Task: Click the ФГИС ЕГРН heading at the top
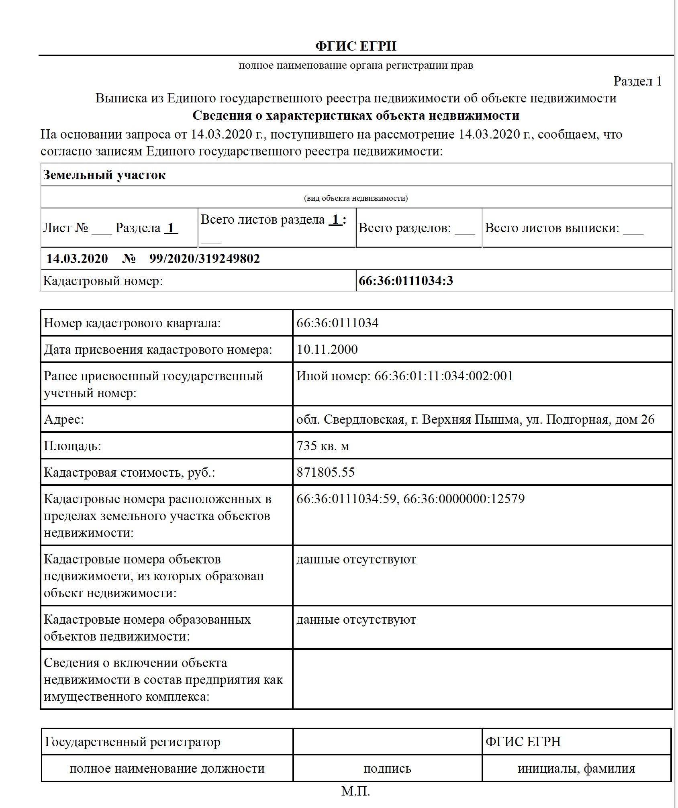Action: (356, 46)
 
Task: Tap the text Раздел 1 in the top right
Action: (637, 81)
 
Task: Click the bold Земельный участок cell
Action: (104, 175)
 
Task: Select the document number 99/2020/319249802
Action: (204, 258)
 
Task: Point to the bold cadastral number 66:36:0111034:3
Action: (406, 280)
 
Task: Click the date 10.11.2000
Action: (327, 349)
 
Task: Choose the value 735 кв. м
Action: (323, 446)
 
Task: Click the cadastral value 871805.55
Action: (326, 472)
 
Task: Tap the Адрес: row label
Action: (64, 419)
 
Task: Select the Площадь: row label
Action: (72, 446)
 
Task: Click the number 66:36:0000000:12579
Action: (464, 499)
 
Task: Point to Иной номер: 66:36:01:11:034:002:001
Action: (404, 376)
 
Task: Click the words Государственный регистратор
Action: (133, 742)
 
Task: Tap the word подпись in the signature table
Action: (387, 769)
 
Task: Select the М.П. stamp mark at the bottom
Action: (355, 791)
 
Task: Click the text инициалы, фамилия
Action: (576, 769)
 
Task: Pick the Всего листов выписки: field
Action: (564, 228)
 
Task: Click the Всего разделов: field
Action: (417, 228)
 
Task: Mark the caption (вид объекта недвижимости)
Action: (356, 198)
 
